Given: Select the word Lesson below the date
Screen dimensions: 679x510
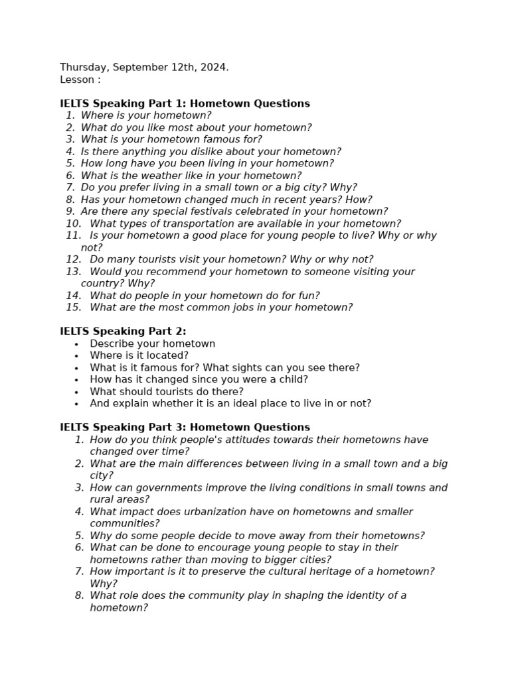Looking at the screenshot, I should (76, 80).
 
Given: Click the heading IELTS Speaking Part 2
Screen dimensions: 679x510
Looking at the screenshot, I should (123, 332).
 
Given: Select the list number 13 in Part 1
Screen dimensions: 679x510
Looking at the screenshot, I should (73, 272).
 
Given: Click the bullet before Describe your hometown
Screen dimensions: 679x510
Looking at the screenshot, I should (77, 344).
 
